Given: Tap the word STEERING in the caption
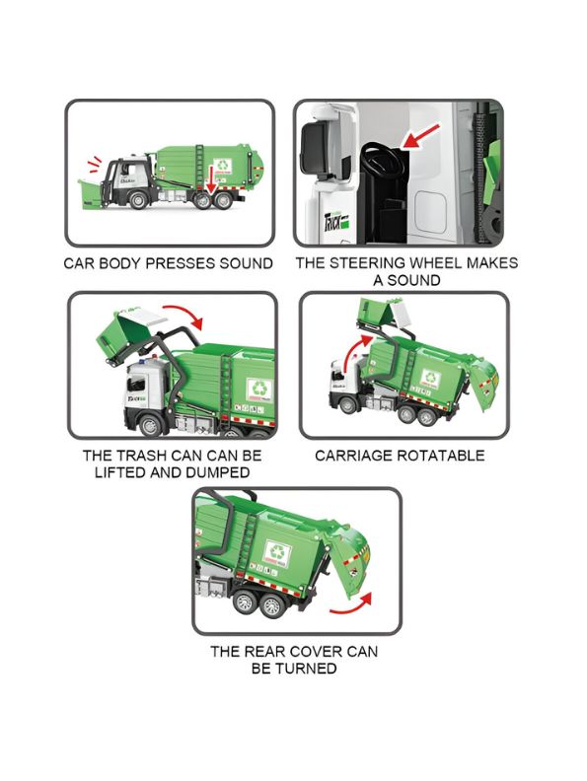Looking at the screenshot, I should (367, 263).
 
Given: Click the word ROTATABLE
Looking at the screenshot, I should (440, 456).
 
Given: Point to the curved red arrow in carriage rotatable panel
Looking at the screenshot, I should (352, 353).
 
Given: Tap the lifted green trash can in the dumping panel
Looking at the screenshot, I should (125, 335).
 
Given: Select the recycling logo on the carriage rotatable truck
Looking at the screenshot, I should (431, 378).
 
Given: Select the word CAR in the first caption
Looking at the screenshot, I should (80, 263).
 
